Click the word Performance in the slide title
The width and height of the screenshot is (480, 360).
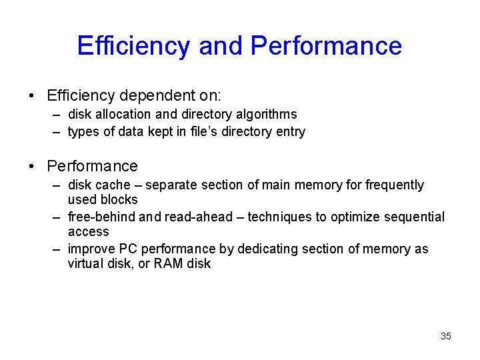[327, 46]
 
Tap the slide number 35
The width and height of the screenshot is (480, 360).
[446, 336]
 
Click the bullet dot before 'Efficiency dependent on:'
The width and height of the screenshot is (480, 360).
[32, 95]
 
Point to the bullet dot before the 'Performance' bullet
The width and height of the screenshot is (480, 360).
[32, 166]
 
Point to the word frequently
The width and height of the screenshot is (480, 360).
[395, 185]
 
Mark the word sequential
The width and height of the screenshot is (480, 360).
[415, 217]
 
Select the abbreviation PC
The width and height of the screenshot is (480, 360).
[127, 249]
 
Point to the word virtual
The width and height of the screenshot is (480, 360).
[85, 264]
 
